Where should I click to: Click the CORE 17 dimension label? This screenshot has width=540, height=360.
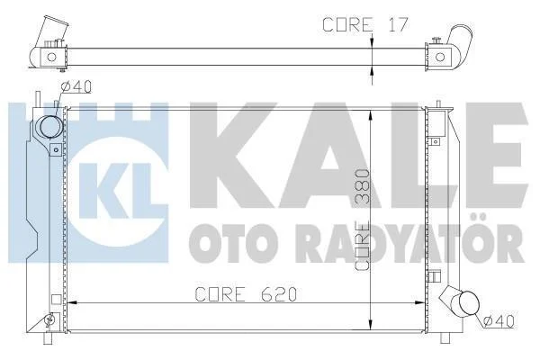pyautogui.click(x=365, y=24)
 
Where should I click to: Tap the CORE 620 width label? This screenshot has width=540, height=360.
pyautogui.click(x=246, y=294)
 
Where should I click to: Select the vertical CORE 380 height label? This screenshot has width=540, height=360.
pyautogui.click(x=363, y=219)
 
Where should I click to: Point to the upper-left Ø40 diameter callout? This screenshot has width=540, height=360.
pyautogui.click(x=76, y=86)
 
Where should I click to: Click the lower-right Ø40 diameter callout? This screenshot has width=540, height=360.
pyautogui.click(x=499, y=322)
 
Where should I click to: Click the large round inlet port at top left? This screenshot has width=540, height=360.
pyautogui.click(x=51, y=126)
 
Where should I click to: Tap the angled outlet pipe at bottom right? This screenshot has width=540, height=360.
pyautogui.click(x=462, y=301)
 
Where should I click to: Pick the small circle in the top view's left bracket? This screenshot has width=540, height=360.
pyautogui.click(x=51, y=57)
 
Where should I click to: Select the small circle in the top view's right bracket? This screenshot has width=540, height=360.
pyautogui.click(x=440, y=57)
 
